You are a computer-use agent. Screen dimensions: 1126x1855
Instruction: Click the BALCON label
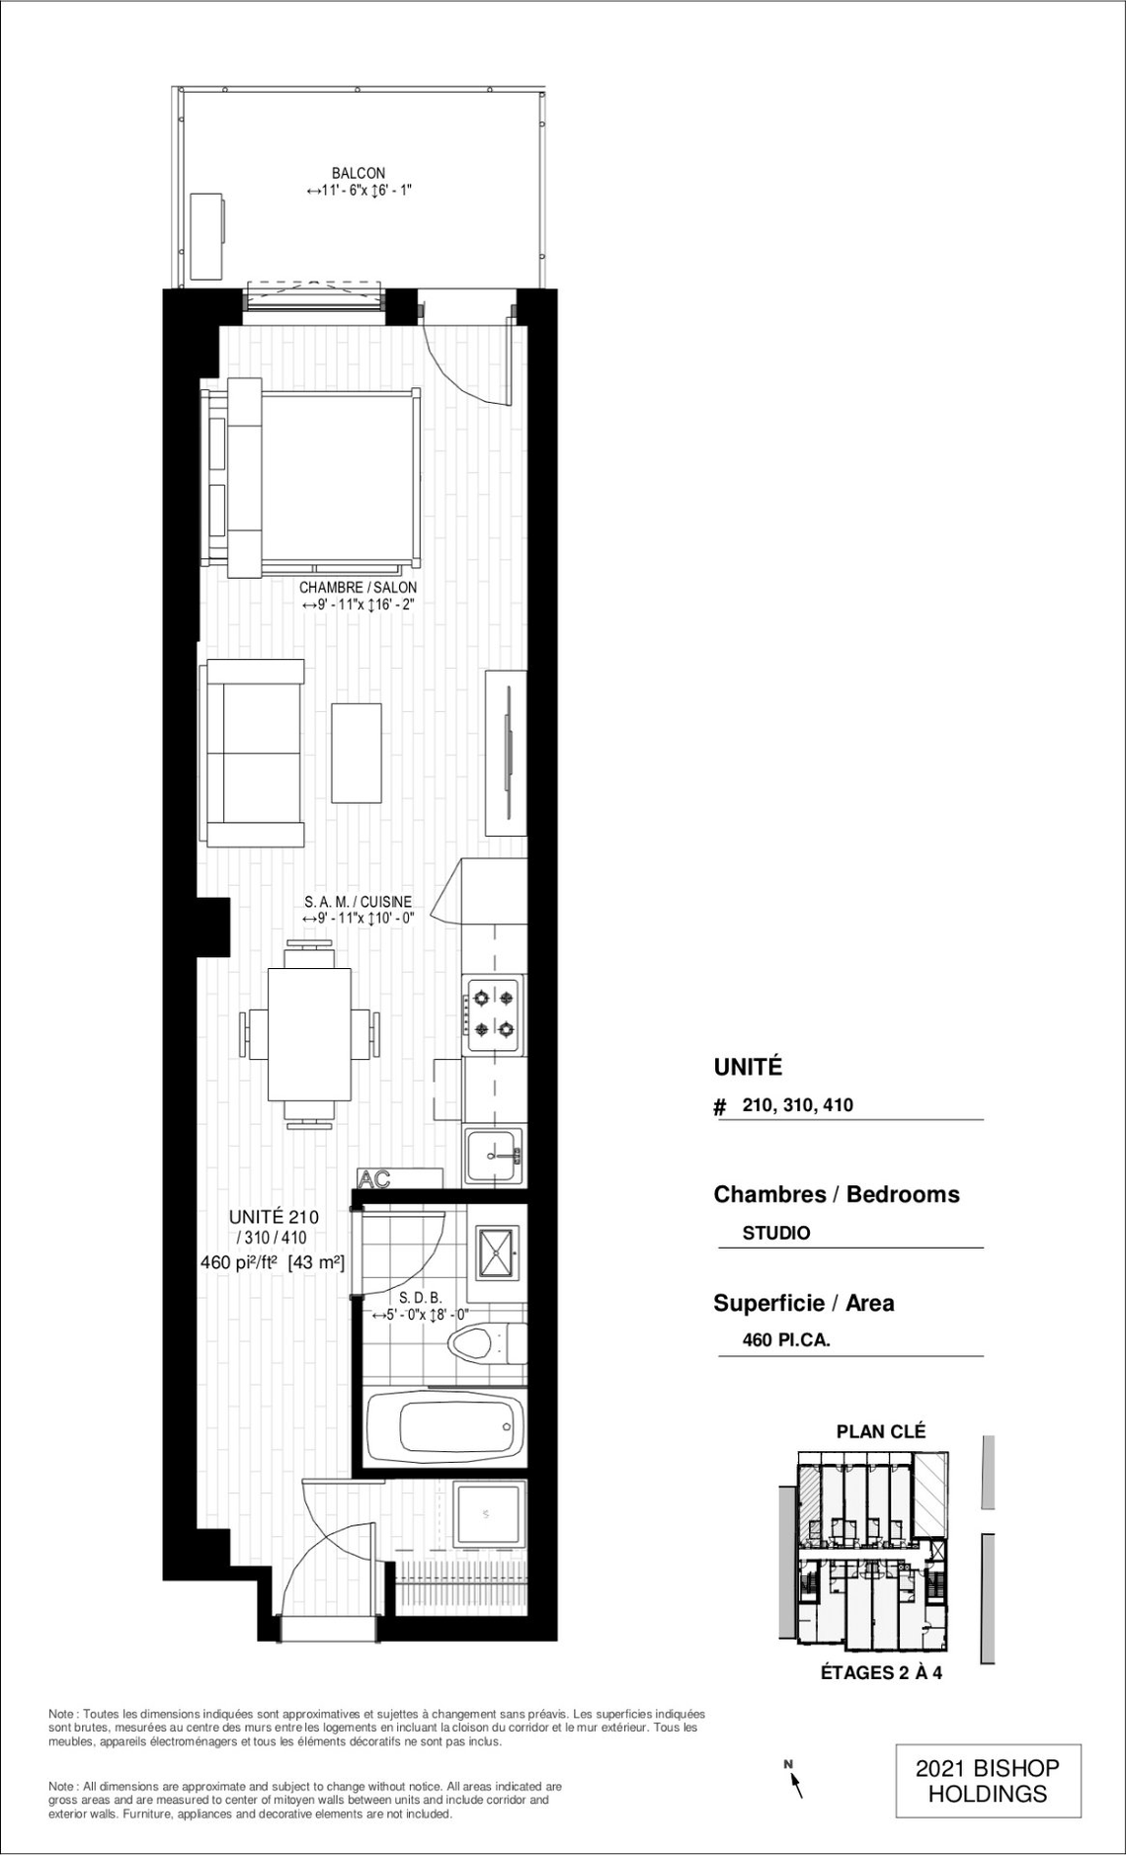pos(359,174)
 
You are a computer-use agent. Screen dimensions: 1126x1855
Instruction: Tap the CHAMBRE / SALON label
pos(359,588)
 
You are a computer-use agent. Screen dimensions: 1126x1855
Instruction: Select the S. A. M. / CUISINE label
pos(359,902)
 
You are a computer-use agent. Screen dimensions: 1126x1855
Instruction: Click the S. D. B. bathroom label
pos(420,1298)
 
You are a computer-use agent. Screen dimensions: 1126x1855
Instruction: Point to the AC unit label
pos(375,1178)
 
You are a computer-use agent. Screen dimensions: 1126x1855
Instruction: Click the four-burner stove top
pos(494,1014)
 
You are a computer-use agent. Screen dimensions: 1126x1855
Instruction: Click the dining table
pos(310,1034)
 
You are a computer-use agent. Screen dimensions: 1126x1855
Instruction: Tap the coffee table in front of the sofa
pos(357,753)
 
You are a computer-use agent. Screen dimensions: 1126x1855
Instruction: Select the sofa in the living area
pos(252,754)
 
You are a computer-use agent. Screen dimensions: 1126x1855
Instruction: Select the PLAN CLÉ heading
pos(881,1430)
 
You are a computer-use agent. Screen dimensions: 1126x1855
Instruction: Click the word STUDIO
pos(776,1233)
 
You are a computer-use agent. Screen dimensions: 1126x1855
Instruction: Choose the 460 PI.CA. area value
pos(787,1340)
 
